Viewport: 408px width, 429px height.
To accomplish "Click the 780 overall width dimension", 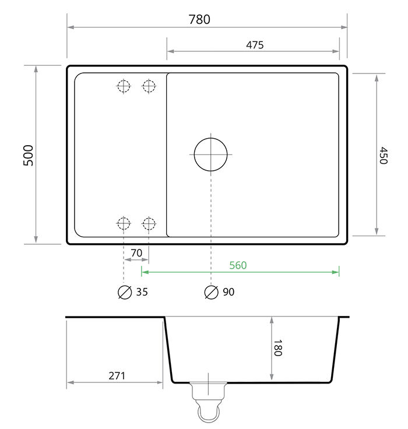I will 199,19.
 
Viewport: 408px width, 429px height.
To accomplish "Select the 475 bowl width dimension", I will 255,45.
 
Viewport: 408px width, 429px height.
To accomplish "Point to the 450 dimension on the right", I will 383,155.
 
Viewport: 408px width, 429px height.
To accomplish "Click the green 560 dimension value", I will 237,265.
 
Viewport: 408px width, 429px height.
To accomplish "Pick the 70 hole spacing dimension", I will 136,253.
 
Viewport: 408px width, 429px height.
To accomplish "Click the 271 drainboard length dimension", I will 117,375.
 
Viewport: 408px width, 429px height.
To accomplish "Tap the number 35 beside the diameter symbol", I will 142,292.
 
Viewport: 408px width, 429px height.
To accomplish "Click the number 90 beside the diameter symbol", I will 228,292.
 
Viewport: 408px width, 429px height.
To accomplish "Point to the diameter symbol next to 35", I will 124,292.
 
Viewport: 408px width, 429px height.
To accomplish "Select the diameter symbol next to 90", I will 211,292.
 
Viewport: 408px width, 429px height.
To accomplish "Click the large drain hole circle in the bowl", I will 210,154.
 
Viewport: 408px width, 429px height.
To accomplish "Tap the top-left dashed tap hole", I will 123,86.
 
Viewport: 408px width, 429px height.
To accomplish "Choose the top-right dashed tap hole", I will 149,86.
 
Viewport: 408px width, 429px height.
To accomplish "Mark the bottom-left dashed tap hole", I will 123,223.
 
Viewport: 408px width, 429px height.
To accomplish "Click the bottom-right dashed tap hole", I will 149,223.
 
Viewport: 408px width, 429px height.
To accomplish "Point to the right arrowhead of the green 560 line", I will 336,272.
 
